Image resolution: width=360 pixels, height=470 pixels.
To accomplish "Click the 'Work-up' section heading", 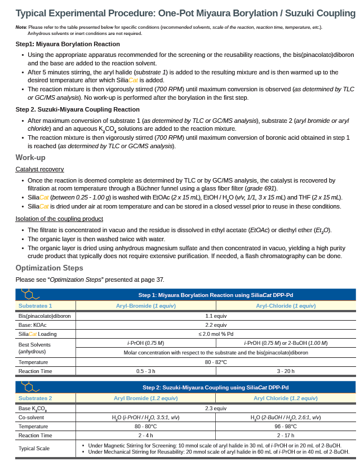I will [x=30, y=158].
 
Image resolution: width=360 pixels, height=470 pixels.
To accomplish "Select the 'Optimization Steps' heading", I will [x=49, y=268].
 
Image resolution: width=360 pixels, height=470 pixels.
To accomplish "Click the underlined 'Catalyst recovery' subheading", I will [x=39, y=169].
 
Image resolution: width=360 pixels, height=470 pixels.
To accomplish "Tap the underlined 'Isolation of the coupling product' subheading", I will [x=59, y=219].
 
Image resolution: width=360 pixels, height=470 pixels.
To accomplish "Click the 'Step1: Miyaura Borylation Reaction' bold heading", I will [x=68, y=44].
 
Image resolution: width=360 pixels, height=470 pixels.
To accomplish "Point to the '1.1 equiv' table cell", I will [x=216, y=316].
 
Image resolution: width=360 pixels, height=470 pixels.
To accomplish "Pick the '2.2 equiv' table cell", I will [x=216, y=325].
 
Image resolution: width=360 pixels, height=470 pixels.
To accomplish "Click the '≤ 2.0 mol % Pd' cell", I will [x=216, y=334].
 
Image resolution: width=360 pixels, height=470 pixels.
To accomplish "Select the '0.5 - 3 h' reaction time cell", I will [x=146, y=371].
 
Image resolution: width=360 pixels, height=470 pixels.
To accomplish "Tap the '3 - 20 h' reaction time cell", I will [x=286, y=371].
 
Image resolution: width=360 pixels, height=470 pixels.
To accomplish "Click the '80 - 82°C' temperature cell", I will [x=216, y=362].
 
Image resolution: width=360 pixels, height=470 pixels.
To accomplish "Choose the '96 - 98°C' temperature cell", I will [x=286, y=427].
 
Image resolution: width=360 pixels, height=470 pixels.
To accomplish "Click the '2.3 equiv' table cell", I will [x=216, y=408].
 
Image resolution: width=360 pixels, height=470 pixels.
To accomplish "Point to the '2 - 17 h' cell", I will [x=286, y=436].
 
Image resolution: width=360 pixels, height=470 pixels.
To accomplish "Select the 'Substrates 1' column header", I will [x=35, y=305].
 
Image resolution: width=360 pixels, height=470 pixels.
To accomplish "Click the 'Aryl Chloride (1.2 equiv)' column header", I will [x=286, y=398].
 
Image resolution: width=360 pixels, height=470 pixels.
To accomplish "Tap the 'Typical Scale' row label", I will [x=34, y=449].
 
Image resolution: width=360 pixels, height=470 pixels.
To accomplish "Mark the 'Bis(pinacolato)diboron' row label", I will [x=45, y=316].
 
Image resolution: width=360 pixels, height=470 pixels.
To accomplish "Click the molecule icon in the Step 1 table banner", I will [x=29, y=294].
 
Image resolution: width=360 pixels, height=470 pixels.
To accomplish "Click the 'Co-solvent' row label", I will [x=31, y=418].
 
